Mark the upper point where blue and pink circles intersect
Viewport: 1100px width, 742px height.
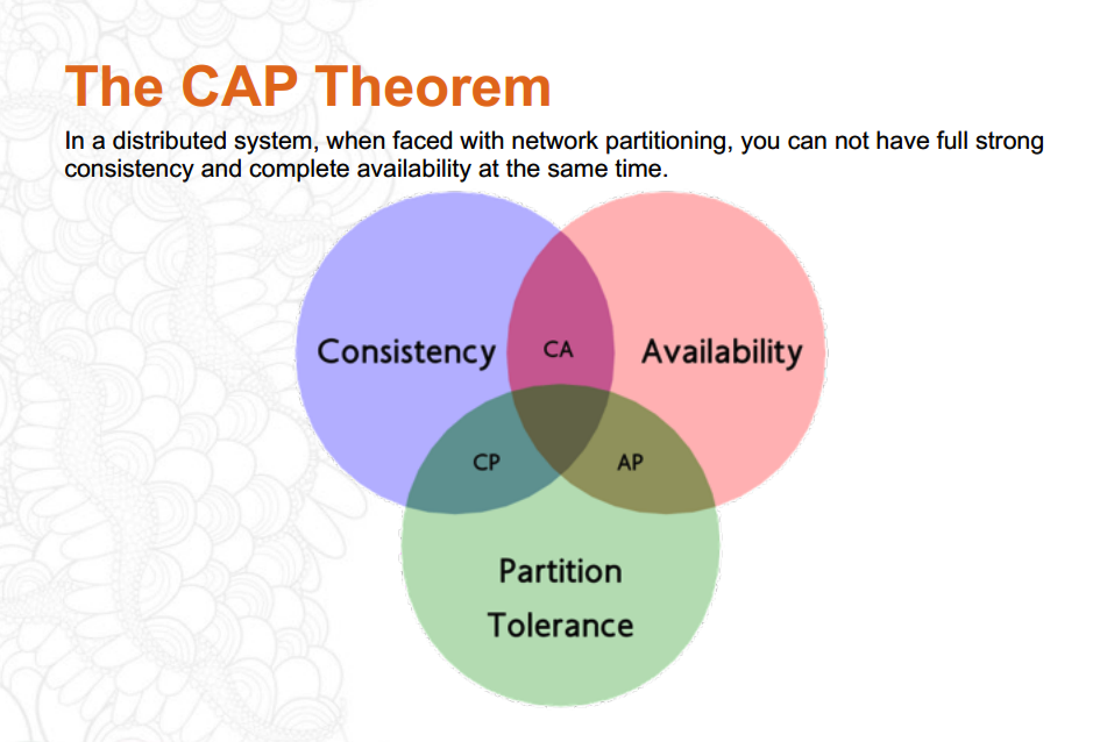click(560, 231)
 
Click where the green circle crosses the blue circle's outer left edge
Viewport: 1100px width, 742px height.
click(406, 505)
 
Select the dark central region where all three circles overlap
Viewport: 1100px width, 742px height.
click(560, 427)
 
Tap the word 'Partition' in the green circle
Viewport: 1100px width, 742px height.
click(560, 572)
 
